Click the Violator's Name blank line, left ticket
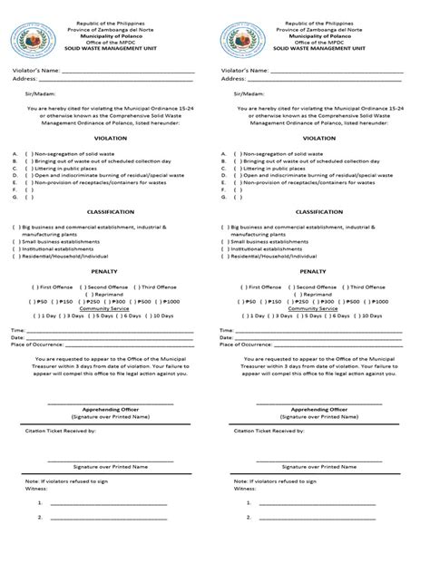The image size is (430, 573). [127, 72]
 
